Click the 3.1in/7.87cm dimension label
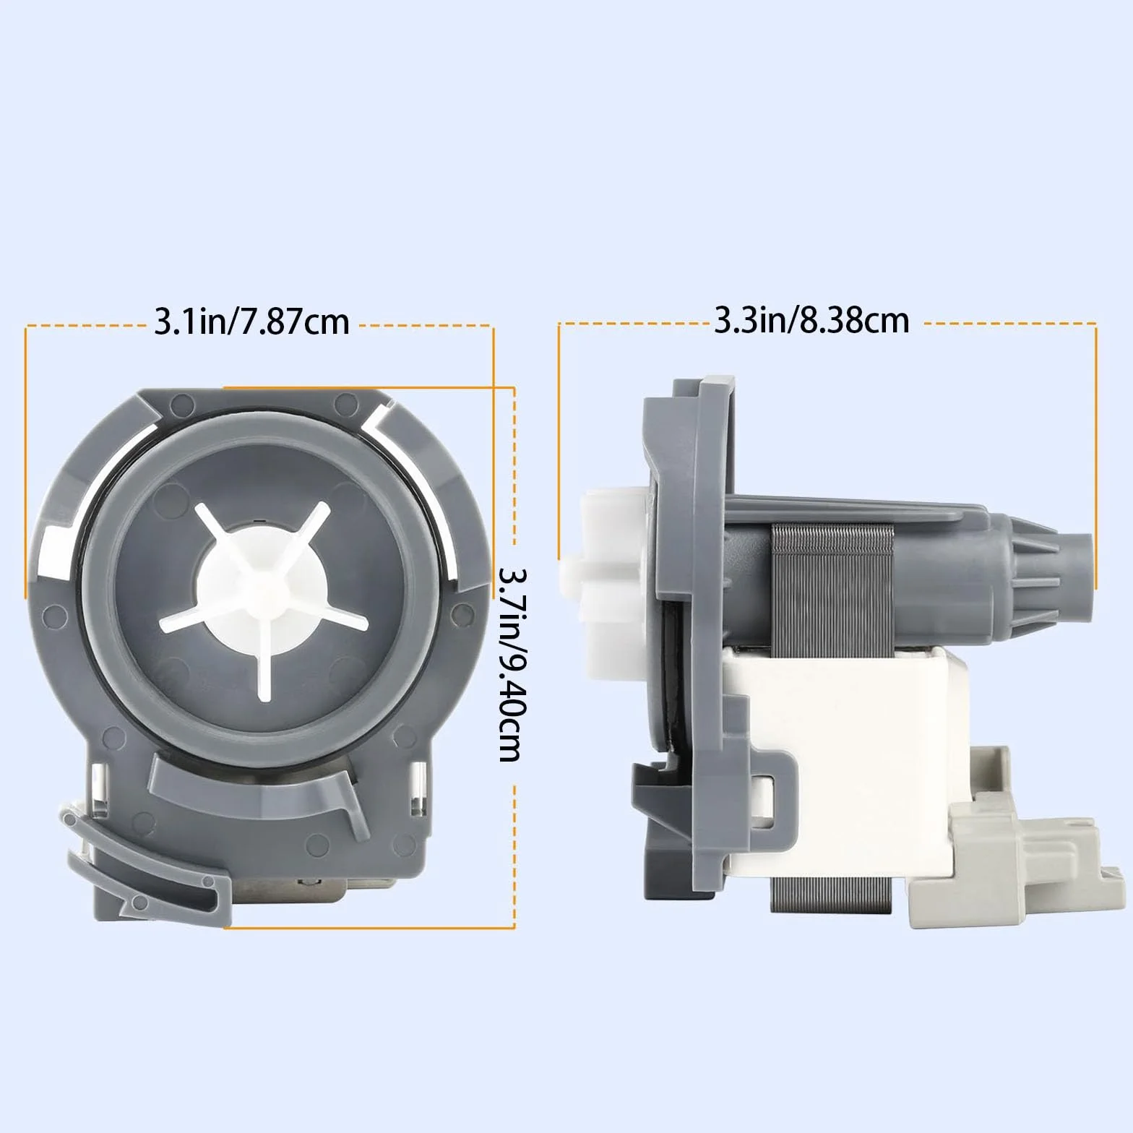tap(251, 322)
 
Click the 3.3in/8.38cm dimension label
tap(811, 319)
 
